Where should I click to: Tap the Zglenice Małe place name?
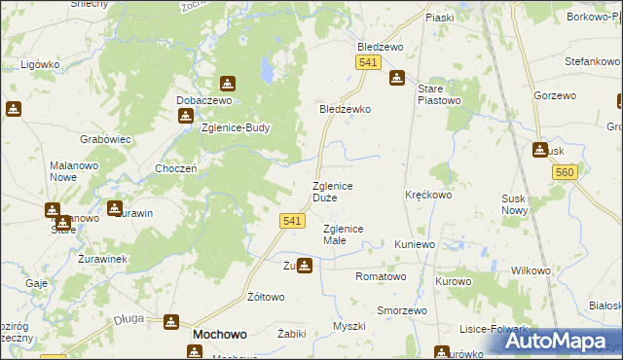(343, 234)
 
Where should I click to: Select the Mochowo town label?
(219, 334)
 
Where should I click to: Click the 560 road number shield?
(564, 172)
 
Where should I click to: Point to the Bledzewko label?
(346, 110)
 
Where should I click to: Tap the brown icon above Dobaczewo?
(227, 85)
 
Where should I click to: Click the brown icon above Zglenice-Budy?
(186, 117)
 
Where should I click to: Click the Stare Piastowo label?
(437, 94)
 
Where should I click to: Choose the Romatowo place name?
(381, 277)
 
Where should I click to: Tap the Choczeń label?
(177, 168)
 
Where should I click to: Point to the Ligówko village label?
(41, 64)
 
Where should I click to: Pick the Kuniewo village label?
(415, 244)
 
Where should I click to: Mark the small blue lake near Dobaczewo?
(266, 70)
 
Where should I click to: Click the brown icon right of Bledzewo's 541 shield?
(396, 78)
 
